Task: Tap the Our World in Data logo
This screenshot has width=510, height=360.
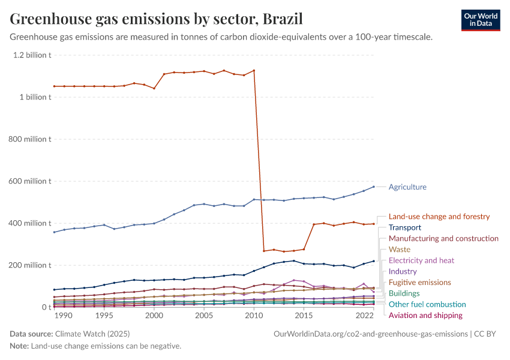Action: point(480,20)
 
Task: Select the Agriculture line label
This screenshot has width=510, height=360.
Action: point(407,187)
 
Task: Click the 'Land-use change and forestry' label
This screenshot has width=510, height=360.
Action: point(439,217)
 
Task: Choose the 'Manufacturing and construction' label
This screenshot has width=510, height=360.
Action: point(443,239)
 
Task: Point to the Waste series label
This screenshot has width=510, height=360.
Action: point(400,250)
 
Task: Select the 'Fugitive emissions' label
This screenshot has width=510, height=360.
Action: point(420,283)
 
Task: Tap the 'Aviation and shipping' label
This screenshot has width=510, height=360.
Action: point(425,316)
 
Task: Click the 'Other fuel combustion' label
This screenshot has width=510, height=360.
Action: point(427,305)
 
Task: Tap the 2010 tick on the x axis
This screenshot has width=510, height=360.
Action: point(254,316)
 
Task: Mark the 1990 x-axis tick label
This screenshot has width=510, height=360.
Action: point(64,316)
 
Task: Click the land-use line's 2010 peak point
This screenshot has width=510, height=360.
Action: point(254,70)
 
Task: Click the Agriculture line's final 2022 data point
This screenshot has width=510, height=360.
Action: point(374,187)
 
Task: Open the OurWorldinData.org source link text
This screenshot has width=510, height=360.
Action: point(370,334)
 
